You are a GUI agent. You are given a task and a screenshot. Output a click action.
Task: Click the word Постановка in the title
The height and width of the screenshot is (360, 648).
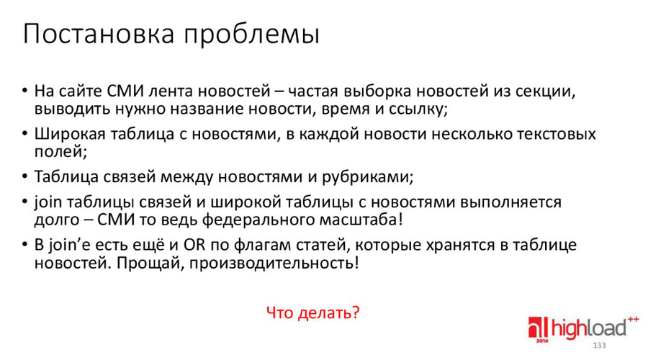tap(99, 33)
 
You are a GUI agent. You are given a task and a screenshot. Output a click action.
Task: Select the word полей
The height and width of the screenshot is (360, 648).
tap(60, 152)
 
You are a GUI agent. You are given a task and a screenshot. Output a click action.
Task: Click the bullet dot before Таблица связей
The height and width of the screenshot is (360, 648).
tap(24, 176)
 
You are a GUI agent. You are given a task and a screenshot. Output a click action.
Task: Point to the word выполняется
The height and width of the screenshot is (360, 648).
tap(510, 202)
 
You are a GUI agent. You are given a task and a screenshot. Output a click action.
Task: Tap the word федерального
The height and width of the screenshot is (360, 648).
tap(258, 220)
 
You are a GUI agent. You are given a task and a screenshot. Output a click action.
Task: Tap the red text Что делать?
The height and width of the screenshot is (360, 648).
tap(313, 312)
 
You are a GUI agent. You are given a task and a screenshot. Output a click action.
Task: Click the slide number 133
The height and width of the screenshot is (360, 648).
tap(599, 345)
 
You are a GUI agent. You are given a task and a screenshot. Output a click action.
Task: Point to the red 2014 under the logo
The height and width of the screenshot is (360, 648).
tap(541, 341)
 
